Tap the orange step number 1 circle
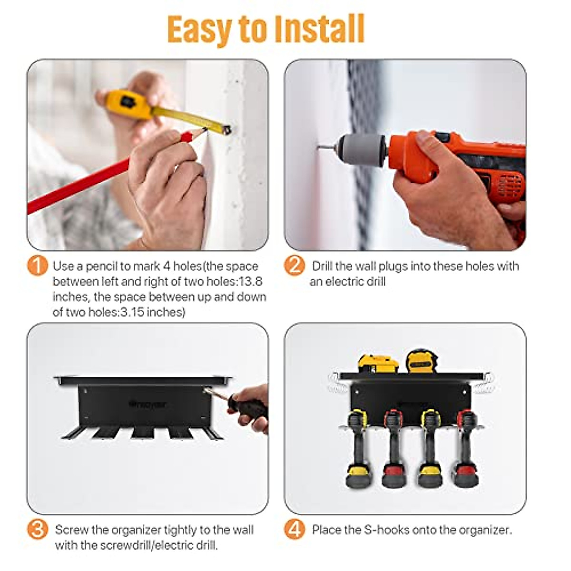(x=38, y=266)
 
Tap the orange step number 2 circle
(x=295, y=266)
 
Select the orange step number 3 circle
(x=38, y=530)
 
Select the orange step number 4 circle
(x=295, y=530)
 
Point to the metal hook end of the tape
(x=227, y=129)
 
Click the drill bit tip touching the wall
(x=320, y=148)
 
